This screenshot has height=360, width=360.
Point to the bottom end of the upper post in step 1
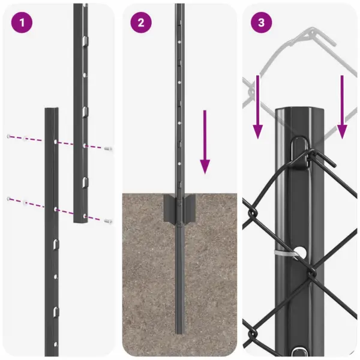[x=81, y=221]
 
